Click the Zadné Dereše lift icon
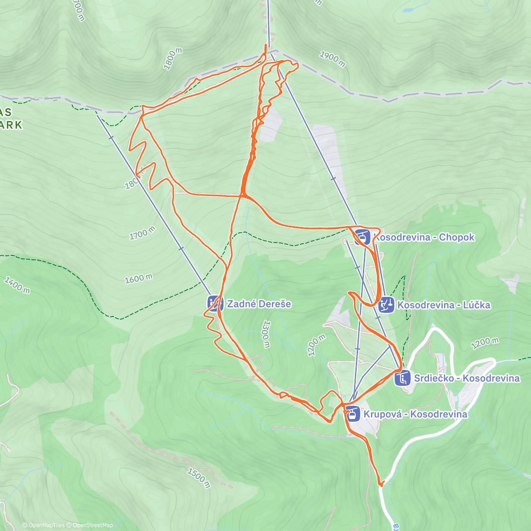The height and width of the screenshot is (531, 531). (215, 304)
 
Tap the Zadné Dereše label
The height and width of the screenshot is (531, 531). (259, 304)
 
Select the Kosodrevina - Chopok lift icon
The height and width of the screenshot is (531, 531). (362, 237)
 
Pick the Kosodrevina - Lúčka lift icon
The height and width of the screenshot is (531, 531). (386, 305)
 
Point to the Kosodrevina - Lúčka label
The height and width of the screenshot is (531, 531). (444, 305)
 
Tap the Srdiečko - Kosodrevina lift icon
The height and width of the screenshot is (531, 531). (403, 378)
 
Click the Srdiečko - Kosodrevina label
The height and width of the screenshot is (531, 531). (466, 378)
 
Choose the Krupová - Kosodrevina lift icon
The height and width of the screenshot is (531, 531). (353, 414)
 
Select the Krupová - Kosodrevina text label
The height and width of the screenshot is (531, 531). (415, 414)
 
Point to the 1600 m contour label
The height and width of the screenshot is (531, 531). (139, 278)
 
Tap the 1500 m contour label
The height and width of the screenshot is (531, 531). (198, 478)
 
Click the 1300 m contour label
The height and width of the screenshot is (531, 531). (265, 334)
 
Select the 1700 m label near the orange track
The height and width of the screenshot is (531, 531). (142, 233)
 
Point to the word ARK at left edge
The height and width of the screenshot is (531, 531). (11, 125)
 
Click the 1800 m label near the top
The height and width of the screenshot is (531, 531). (173, 59)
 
